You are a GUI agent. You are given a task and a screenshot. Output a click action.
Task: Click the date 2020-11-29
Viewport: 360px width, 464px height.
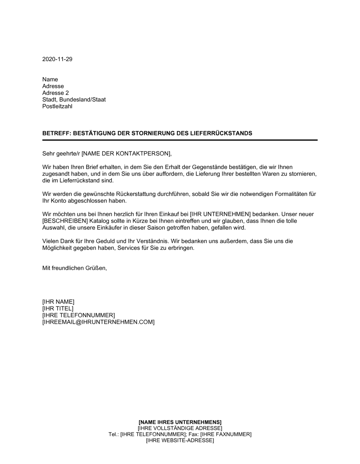coord(57,59)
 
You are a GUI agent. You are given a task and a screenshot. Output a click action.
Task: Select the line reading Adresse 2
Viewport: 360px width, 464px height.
coord(55,93)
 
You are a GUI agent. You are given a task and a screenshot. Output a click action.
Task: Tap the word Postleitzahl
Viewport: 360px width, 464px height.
coord(57,106)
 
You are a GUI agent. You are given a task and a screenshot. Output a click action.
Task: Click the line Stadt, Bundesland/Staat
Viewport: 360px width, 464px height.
coord(74,100)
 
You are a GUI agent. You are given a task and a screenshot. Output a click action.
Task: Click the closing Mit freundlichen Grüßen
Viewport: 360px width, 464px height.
coord(75,268)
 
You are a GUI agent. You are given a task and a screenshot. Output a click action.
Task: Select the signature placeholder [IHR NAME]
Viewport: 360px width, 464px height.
coord(58,301)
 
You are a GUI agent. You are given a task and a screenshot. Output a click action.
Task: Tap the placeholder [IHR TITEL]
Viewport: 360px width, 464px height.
coord(58,308)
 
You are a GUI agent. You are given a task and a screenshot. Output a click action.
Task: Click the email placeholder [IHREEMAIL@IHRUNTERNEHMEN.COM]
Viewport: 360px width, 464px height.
coord(98,322)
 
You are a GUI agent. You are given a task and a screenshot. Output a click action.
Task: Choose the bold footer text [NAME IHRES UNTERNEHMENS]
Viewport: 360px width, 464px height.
coord(180,422)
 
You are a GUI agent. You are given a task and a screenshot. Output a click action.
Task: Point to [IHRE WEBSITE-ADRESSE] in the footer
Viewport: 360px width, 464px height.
coord(180,440)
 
